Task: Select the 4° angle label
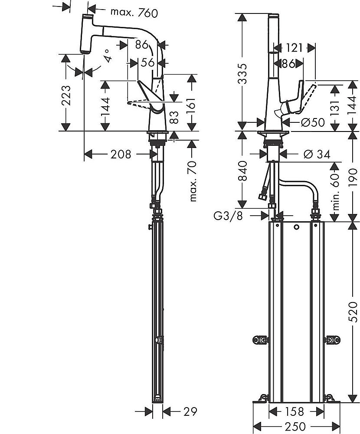coord(108,56)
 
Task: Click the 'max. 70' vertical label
coord(193,181)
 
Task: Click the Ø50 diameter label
coord(313,122)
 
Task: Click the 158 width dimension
coord(295,411)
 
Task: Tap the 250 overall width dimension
coord(295,426)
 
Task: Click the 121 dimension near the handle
coord(294,47)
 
